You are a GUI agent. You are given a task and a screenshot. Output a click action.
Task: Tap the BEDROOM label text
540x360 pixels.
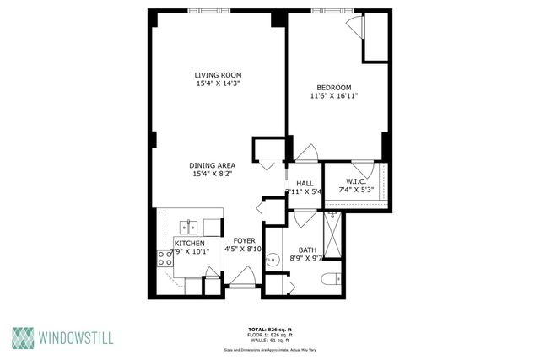tap(334, 87)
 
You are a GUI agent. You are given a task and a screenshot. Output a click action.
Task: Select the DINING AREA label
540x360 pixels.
tap(213, 164)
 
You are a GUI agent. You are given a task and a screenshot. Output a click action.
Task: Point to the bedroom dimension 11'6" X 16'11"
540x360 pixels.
tap(334, 96)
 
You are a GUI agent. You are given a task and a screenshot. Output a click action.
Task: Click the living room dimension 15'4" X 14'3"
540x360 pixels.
tap(213, 84)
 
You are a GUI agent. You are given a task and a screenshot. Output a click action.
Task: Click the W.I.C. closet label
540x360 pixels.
tap(355, 181)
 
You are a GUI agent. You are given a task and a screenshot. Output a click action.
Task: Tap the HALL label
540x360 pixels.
tap(305, 182)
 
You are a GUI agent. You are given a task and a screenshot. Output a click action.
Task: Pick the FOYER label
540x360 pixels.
tap(245, 239)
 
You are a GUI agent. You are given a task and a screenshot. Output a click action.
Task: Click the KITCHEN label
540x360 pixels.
tap(189, 243)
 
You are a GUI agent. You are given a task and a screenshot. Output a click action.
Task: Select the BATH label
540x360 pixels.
tap(307, 250)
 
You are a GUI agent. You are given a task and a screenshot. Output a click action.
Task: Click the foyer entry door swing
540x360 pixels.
tap(244, 277)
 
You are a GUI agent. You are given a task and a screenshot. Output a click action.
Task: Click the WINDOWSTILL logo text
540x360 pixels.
tap(76, 338)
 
